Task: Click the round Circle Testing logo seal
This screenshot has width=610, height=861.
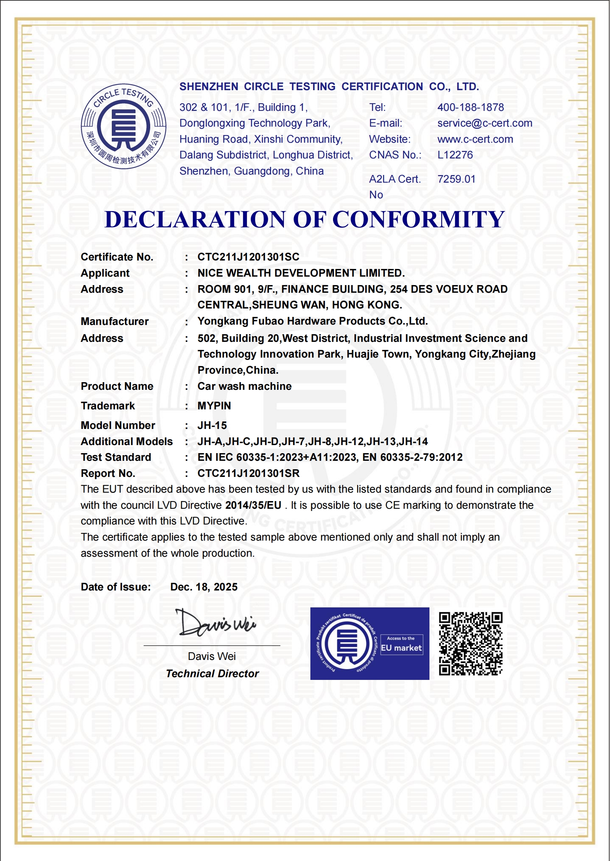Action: (x=123, y=126)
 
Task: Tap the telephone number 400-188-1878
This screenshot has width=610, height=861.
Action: (x=471, y=107)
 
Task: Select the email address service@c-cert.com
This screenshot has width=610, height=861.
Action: (x=485, y=123)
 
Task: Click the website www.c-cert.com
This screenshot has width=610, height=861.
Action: (x=475, y=139)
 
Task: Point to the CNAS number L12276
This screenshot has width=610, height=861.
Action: (x=455, y=155)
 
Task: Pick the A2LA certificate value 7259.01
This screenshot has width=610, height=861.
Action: (x=456, y=179)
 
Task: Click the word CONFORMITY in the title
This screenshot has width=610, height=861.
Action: (x=418, y=219)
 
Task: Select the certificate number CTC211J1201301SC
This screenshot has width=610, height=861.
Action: (x=248, y=257)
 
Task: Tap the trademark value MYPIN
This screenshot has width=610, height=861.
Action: (x=214, y=406)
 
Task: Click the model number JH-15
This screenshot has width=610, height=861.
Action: (x=212, y=426)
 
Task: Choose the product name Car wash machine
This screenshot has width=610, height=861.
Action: (x=244, y=386)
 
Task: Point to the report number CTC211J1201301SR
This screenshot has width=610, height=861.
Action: (x=248, y=473)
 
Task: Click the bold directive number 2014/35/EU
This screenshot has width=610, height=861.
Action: (x=253, y=505)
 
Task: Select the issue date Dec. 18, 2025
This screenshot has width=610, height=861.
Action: (x=204, y=587)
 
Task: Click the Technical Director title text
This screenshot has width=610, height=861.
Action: (x=212, y=674)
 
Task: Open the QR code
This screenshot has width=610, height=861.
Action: (x=471, y=643)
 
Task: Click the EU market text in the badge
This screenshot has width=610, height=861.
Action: (x=401, y=648)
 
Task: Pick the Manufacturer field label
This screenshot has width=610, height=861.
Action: (x=114, y=322)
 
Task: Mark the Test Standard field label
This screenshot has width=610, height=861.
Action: (x=116, y=457)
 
